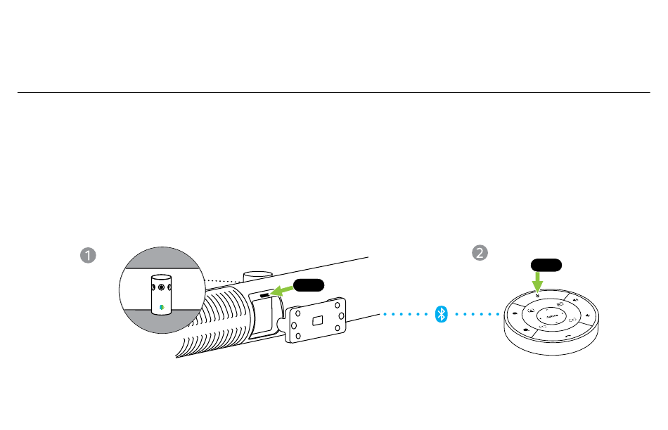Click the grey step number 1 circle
tap(88, 254)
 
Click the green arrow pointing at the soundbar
tap(283, 289)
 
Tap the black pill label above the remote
tap(546, 264)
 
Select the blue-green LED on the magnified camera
tap(161, 306)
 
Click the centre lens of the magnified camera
tap(161, 287)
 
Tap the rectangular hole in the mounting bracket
tap(318, 320)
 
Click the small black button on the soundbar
tap(264, 296)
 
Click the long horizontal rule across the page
tap(333, 92)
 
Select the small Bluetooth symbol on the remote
tap(537, 295)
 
